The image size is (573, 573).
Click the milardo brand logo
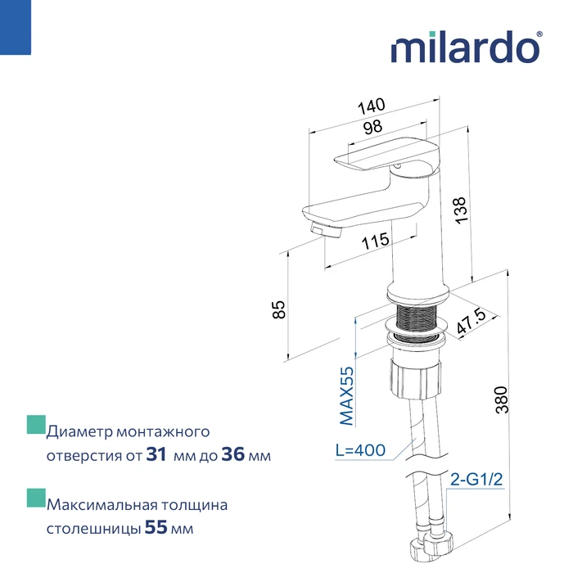click(467, 47)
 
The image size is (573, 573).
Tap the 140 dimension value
click(372, 106)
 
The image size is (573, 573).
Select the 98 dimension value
click(372, 127)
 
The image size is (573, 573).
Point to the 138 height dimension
click(461, 210)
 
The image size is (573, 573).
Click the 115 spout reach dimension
click(375, 241)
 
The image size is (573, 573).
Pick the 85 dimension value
click(278, 309)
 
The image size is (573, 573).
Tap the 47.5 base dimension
click(471, 321)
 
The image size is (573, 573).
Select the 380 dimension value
click(502, 399)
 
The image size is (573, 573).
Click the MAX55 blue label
click(347, 396)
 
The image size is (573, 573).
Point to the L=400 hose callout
click(360, 450)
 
